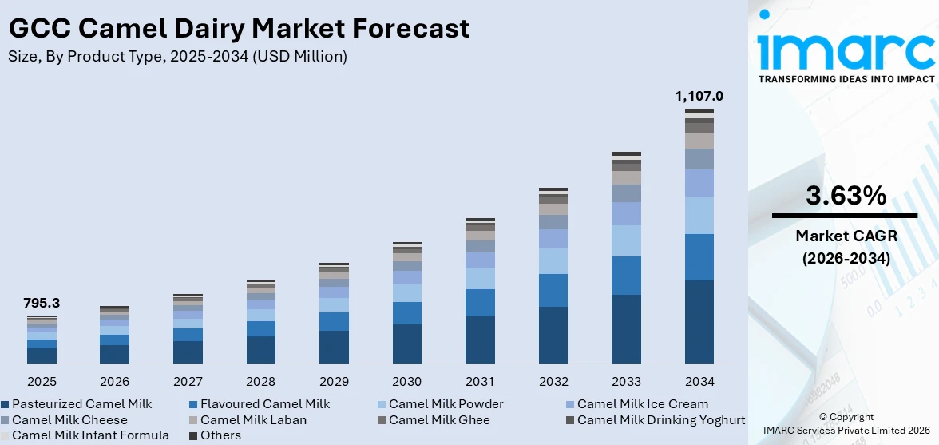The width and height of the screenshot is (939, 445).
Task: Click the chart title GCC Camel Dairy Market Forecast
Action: [239, 29]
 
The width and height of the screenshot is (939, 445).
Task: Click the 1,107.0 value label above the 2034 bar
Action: [699, 97]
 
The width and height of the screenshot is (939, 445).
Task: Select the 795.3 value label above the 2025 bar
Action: [42, 304]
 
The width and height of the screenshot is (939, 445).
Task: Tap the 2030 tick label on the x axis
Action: [407, 381]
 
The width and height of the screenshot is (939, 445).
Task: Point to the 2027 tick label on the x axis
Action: [188, 381]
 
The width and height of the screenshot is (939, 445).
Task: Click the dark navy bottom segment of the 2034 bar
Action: [699, 321]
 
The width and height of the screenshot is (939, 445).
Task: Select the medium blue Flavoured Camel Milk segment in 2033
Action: [626, 276]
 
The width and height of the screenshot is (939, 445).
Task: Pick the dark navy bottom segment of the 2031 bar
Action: [480, 340]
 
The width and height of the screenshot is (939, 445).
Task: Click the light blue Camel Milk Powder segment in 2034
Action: [699, 216]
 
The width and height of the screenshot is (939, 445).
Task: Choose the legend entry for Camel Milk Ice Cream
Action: [642, 404]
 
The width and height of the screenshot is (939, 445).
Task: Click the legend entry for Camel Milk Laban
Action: [253, 419]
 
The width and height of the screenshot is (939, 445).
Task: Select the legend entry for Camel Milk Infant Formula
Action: [90, 435]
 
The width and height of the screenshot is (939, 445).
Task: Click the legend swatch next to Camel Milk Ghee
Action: [382, 420]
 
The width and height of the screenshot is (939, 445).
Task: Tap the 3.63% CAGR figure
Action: [845, 196]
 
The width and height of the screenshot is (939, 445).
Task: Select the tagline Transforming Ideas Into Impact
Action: [845, 79]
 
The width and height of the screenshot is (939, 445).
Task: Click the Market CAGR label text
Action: [845, 236]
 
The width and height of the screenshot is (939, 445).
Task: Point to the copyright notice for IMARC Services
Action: [846, 424]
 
